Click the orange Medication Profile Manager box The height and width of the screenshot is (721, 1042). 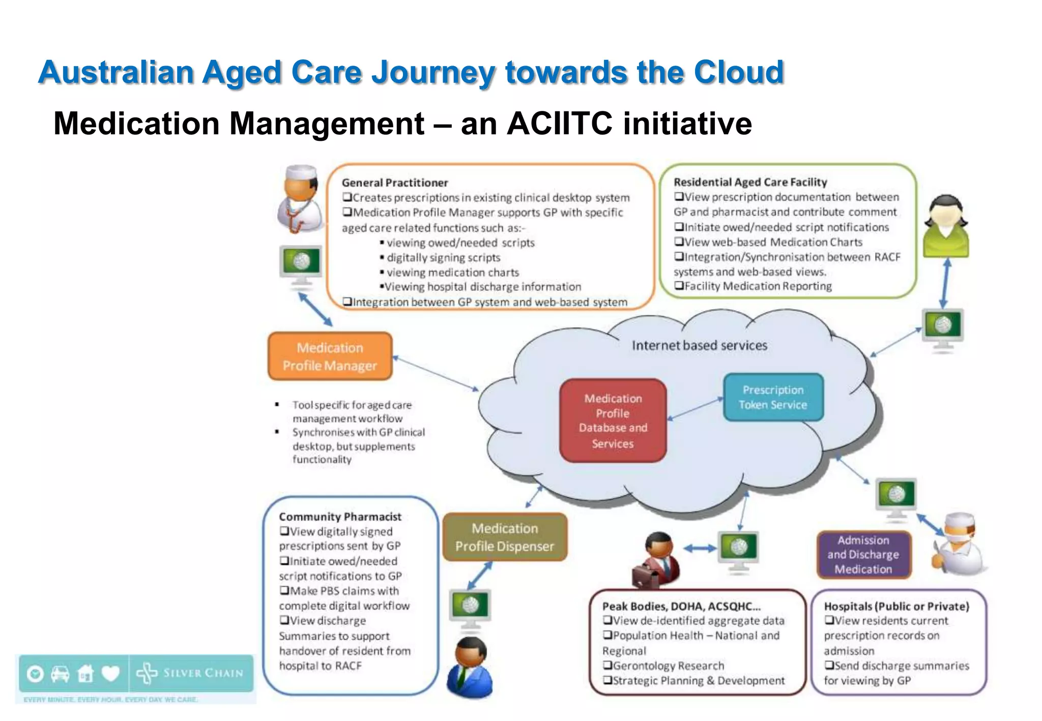click(330, 356)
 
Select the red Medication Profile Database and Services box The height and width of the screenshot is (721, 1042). click(613, 420)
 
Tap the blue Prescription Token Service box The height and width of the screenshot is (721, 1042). click(773, 397)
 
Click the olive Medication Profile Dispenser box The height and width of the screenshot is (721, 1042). click(504, 537)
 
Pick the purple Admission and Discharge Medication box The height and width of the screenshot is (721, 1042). click(863, 555)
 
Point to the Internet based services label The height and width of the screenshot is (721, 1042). click(699, 346)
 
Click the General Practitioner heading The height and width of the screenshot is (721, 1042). click(395, 183)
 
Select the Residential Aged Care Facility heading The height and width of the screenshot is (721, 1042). click(750, 182)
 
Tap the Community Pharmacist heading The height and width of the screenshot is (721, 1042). click(340, 517)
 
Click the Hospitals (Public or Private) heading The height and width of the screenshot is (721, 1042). click(896, 606)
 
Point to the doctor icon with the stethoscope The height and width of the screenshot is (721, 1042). click(301, 199)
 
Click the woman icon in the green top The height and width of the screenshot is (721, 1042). click(945, 226)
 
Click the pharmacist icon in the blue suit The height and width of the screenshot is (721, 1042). click(469, 667)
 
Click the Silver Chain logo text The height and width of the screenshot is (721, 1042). click(202, 673)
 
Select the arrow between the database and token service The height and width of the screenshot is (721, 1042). click(694, 409)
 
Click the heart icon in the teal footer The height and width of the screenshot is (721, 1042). click(110, 674)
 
